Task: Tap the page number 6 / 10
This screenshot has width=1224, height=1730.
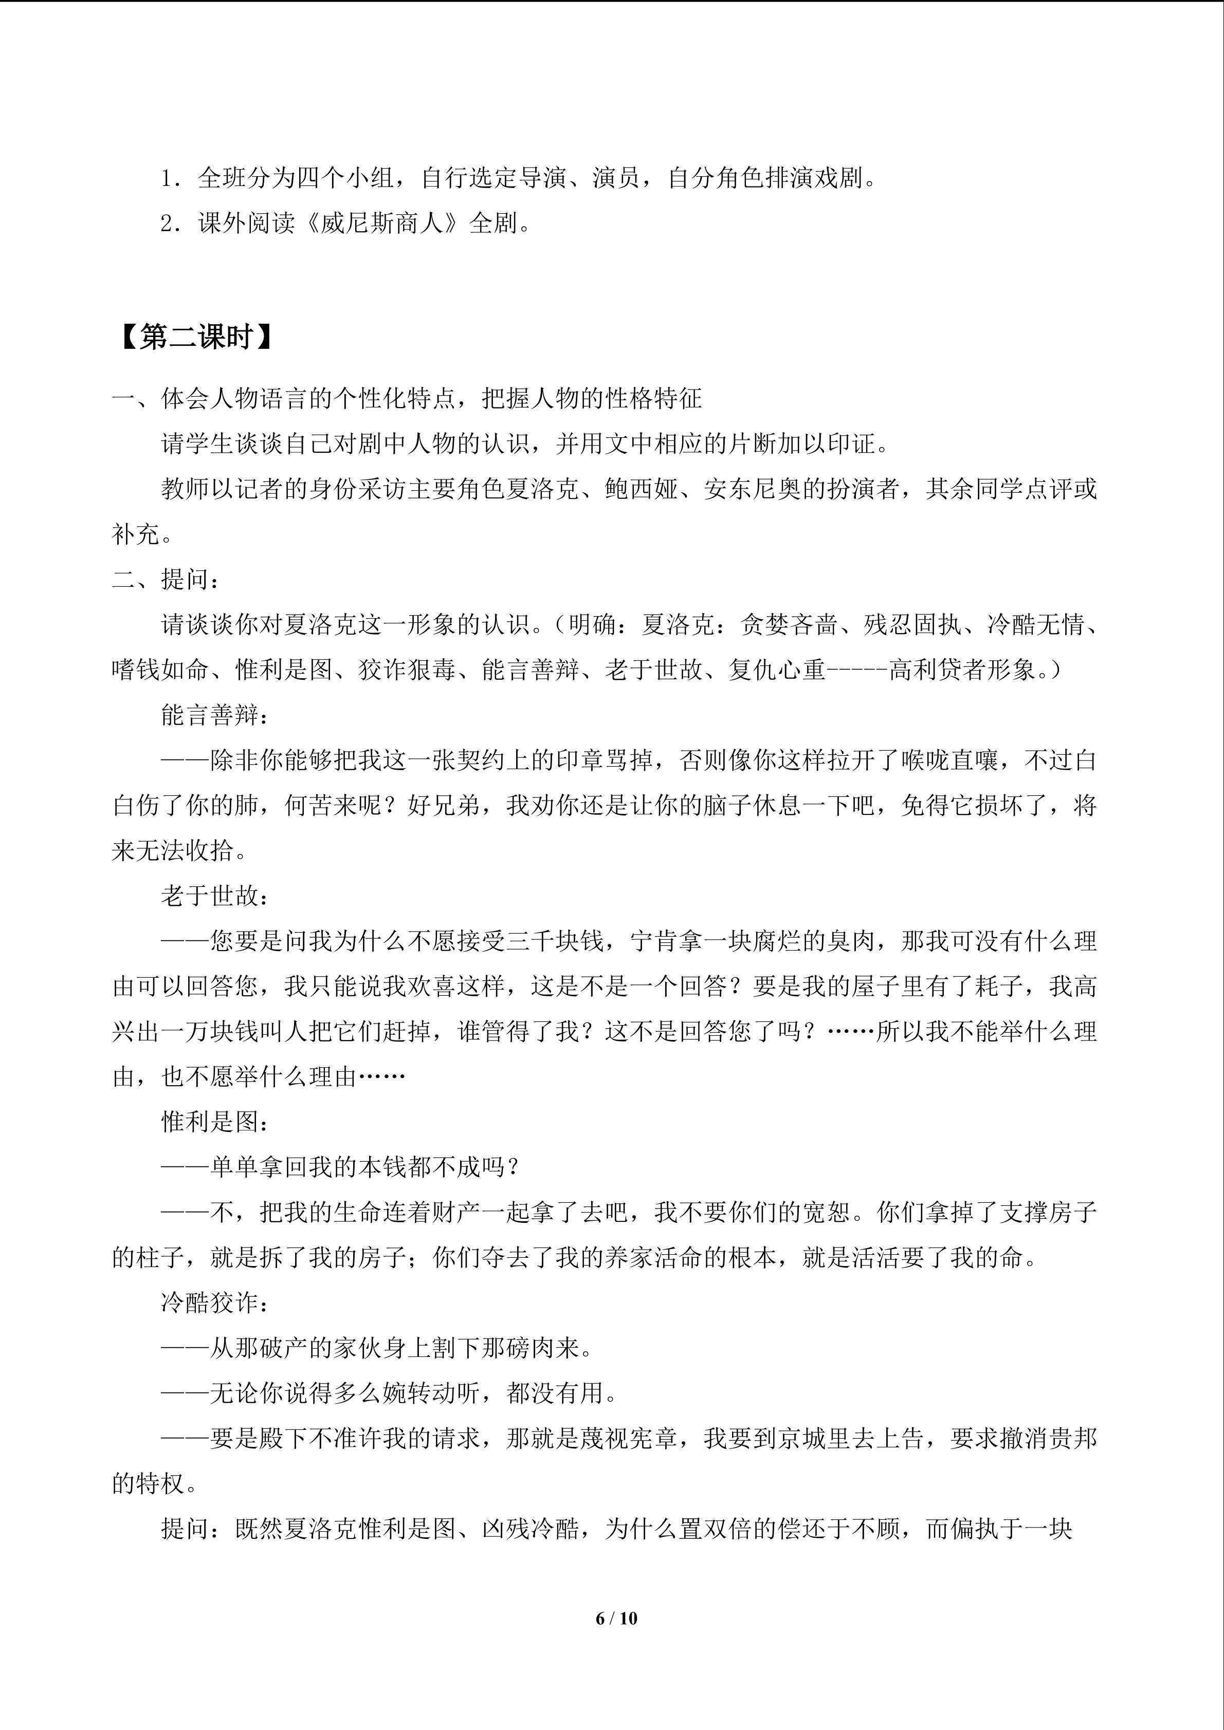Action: click(616, 1617)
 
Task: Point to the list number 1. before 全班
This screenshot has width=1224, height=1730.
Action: click(170, 179)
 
